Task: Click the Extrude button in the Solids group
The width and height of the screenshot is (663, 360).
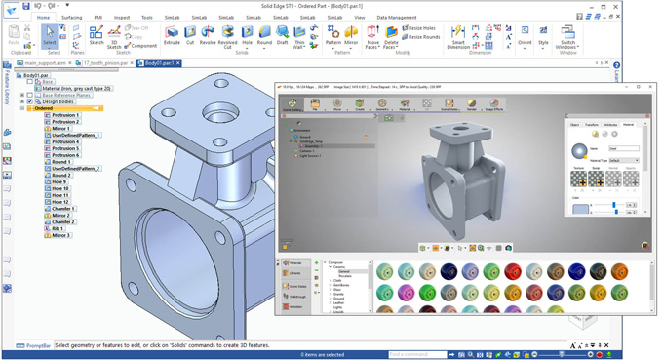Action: [x=172, y=35]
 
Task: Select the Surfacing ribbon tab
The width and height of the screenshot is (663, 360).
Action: [x=72, y=17]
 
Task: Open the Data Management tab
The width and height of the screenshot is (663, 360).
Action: [x=396, y=17]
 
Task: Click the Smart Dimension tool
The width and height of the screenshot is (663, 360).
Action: [x=458, y=37]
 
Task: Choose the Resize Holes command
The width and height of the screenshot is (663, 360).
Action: [x=421, y=28]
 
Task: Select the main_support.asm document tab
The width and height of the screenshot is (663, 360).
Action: [x=45, y=63]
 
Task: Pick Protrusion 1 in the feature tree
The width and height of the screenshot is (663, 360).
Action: [x=65, y=115]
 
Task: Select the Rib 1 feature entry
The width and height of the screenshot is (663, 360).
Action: [x=59, y=228]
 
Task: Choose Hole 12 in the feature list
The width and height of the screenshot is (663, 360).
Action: [x=60, y=202]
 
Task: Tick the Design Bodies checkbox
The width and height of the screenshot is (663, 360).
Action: [x=29, y=101]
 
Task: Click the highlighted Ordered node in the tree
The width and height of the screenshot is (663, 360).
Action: [x=44, y=108]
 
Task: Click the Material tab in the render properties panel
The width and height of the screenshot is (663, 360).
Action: [x=628, y=125]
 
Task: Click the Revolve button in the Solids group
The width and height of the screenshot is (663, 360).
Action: [x=208, y=35]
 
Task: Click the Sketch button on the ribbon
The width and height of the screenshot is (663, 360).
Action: [x=97, y=35]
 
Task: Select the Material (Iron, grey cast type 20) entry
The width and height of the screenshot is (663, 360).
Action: [x=76, y=88]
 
